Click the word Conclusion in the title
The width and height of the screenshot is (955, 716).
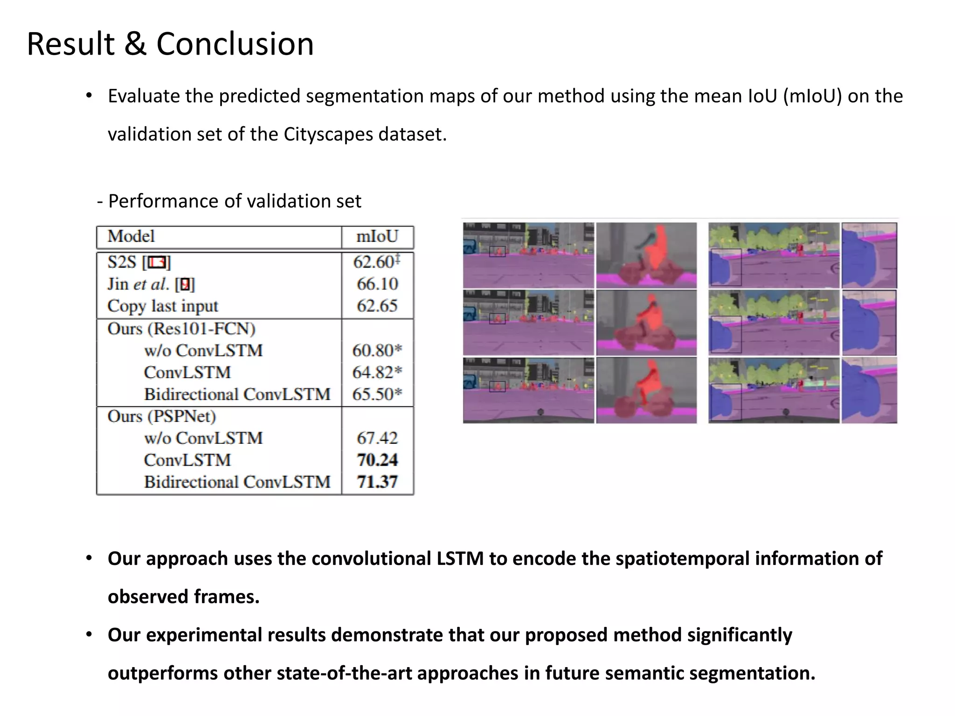[x=235, y=44]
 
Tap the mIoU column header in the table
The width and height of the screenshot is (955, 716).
[x=377, y=236]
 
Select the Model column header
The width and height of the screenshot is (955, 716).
[x=131, y=236]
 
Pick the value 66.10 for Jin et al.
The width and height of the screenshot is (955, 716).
[x=377, y=284]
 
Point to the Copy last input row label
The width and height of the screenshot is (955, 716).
[x=163, y=306]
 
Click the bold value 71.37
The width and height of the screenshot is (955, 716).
[x=377, y=482]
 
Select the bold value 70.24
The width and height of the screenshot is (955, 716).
[x=377, y=460]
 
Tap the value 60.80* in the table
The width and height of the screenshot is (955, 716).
[x=377, y=350]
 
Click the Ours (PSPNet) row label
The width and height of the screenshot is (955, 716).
[x=162, y=416]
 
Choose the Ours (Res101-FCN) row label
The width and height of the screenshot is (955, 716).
[x=181, y=329]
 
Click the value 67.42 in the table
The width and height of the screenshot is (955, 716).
[x=377, y=438]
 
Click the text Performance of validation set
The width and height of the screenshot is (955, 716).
[x=234, y=201]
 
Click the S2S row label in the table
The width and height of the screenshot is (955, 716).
[x=122, y=262]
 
